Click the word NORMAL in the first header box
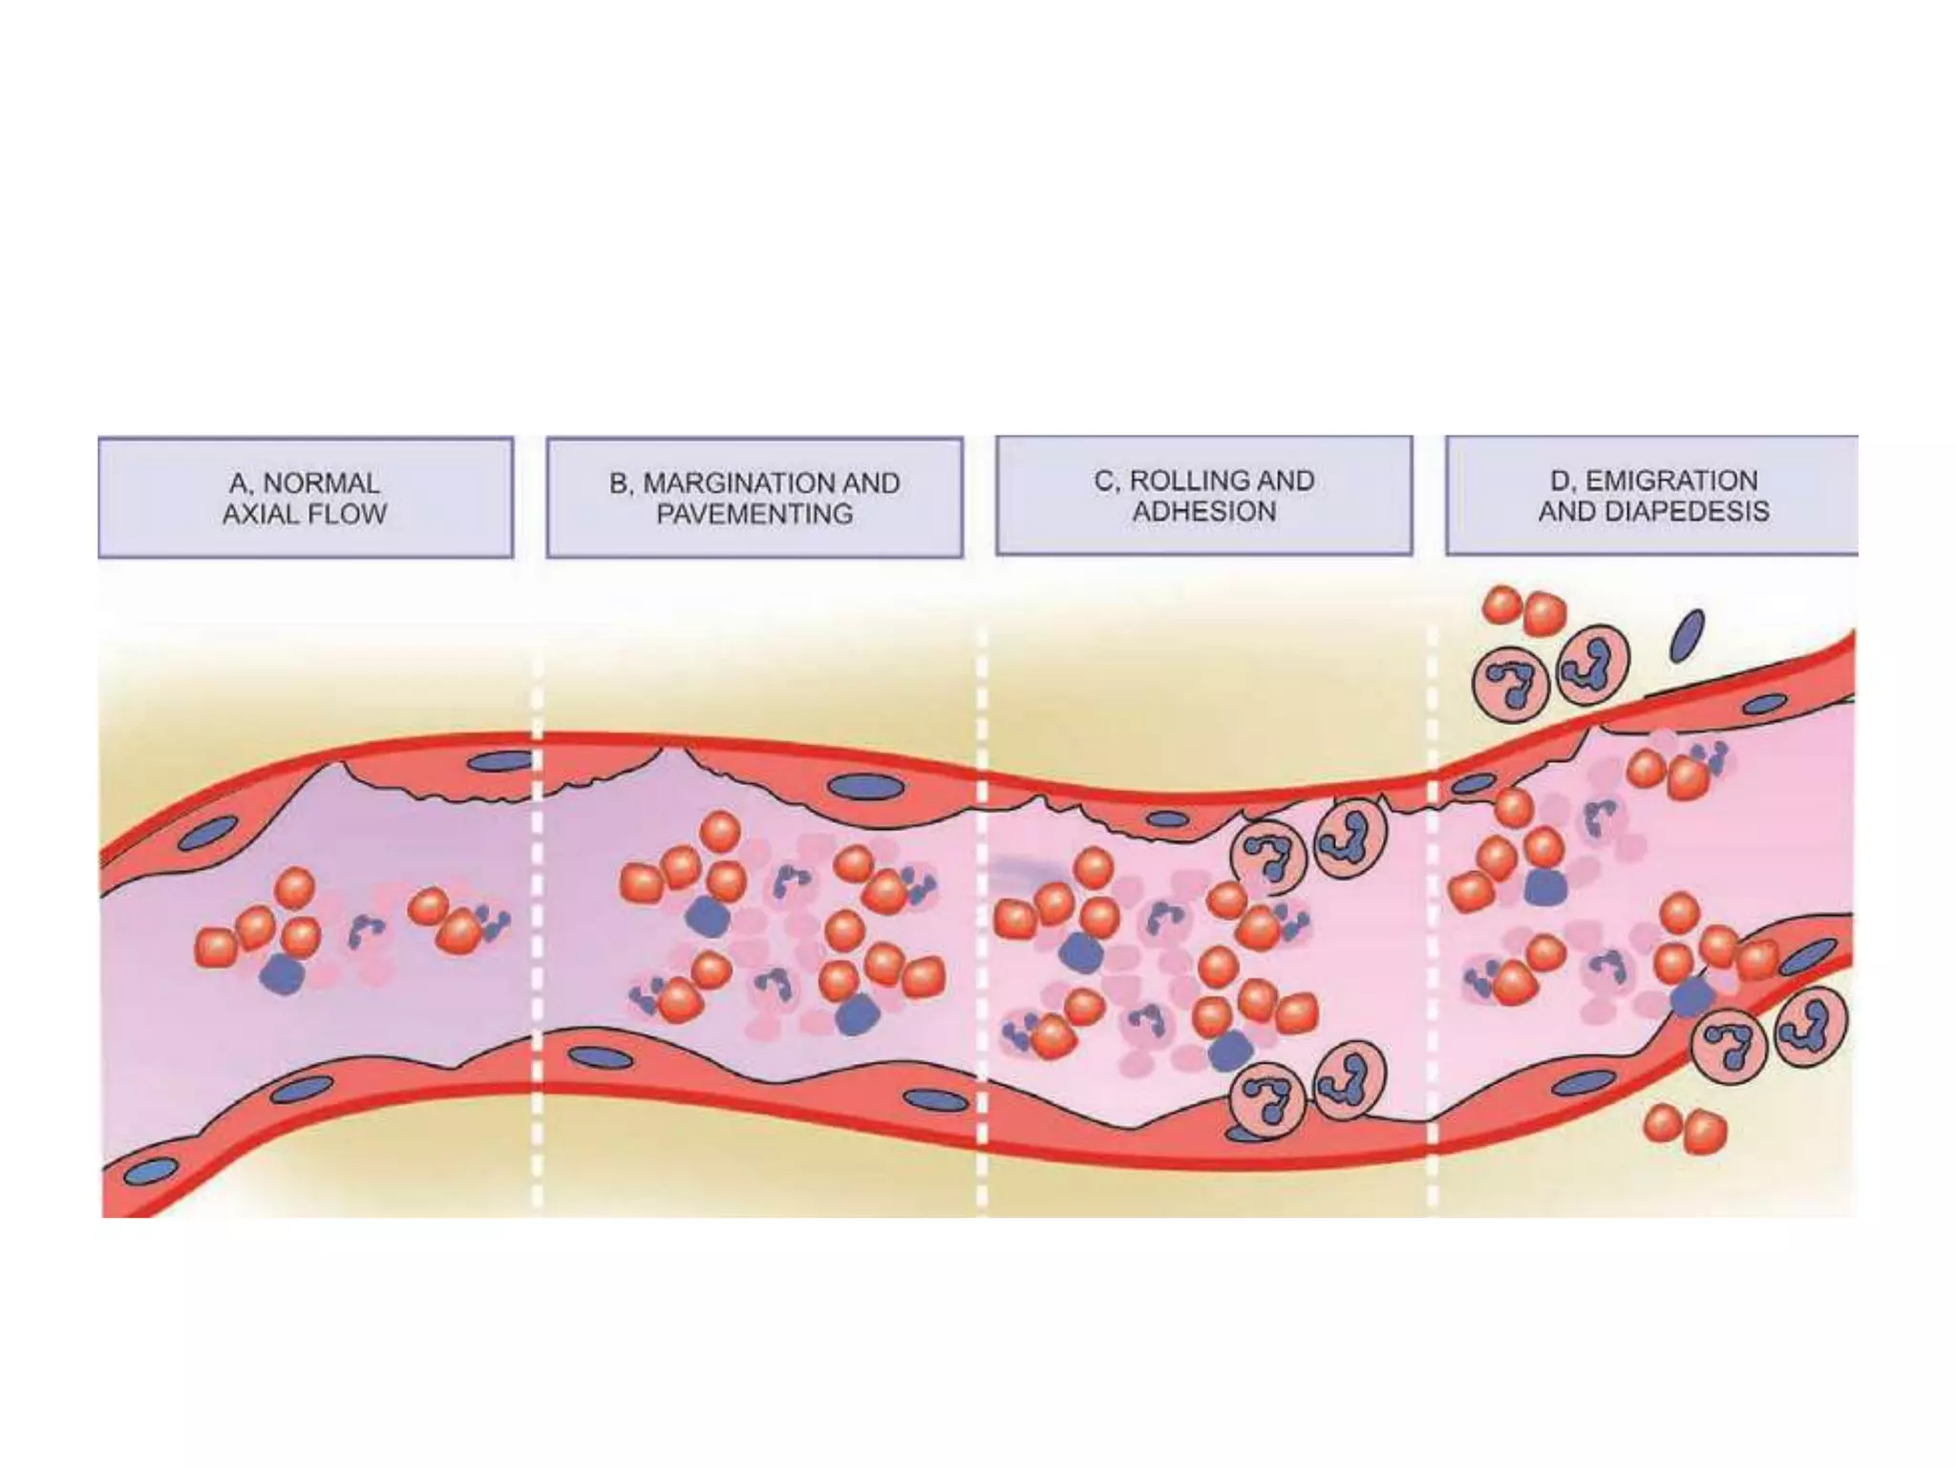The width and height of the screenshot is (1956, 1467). (x=321, y=483)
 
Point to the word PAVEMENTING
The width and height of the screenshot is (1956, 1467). (x=755, y=514)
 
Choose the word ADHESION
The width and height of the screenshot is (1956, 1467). (x=1204, y=512)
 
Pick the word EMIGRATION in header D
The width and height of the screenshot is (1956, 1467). (x=1671, y=480)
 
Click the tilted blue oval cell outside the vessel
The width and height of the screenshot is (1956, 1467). (x=1687, y=636)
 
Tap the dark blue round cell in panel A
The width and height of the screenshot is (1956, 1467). (x=282, y=974)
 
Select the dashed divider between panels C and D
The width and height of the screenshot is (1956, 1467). (x=1432, y=917)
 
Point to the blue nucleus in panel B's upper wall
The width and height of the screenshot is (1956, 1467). (x=866, y=787)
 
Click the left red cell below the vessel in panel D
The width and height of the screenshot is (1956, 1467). (x=1663, y=1122)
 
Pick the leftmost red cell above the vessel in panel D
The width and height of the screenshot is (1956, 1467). (x=1502, y=605)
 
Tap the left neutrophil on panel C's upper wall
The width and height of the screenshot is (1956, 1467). (x=1267, y=855)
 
